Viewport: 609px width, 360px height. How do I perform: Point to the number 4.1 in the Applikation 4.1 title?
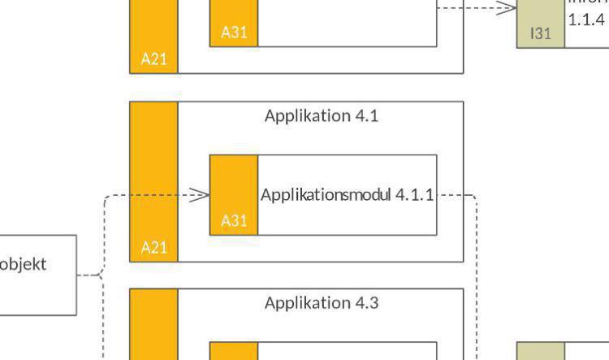coord(366,115)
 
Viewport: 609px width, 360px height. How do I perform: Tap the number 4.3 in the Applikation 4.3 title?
coord(366,303)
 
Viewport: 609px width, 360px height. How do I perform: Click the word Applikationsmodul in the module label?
coord(326,195)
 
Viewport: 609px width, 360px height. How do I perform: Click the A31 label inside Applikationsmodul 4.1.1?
coord(234,220)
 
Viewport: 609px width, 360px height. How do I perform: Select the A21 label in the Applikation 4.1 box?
coord(153,247)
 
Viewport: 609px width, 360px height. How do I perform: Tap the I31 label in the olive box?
coord(541,33)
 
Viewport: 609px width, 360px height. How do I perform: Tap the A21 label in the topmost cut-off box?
coord(153,59)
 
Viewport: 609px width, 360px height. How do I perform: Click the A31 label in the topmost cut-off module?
coord(234,33)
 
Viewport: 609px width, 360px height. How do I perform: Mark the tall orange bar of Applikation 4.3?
coord(153,325)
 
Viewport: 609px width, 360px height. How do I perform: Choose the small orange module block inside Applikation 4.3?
coord(234,351)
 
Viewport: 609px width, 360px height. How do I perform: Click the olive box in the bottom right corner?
coord(541,351)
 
